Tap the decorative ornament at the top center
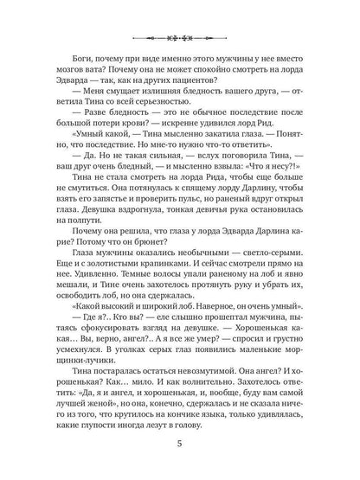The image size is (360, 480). tap(180, 38)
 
